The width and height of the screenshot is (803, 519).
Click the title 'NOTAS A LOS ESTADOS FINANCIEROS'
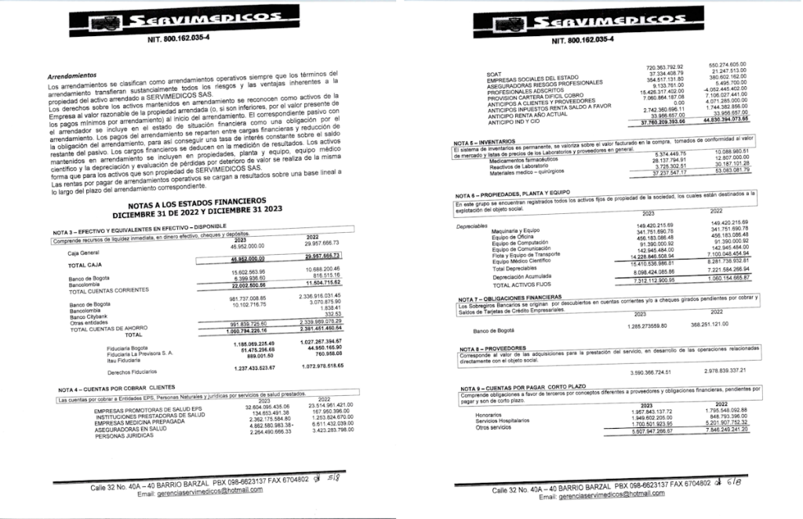[201, 200]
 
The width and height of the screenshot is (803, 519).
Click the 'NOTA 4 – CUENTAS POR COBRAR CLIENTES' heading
[125, 390]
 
